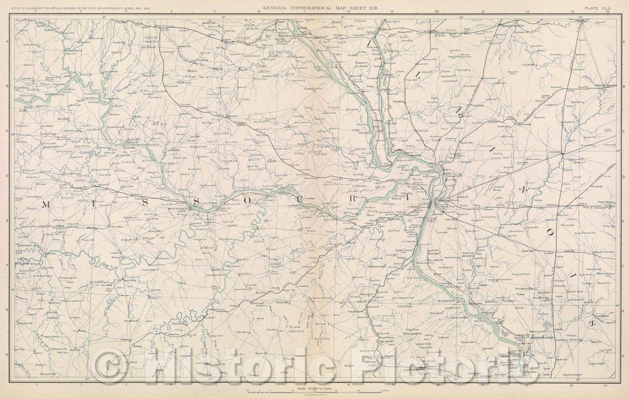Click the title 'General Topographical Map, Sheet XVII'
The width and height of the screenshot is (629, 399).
pos(314,8)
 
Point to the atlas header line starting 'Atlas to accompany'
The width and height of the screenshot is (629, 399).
pos(70,8)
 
